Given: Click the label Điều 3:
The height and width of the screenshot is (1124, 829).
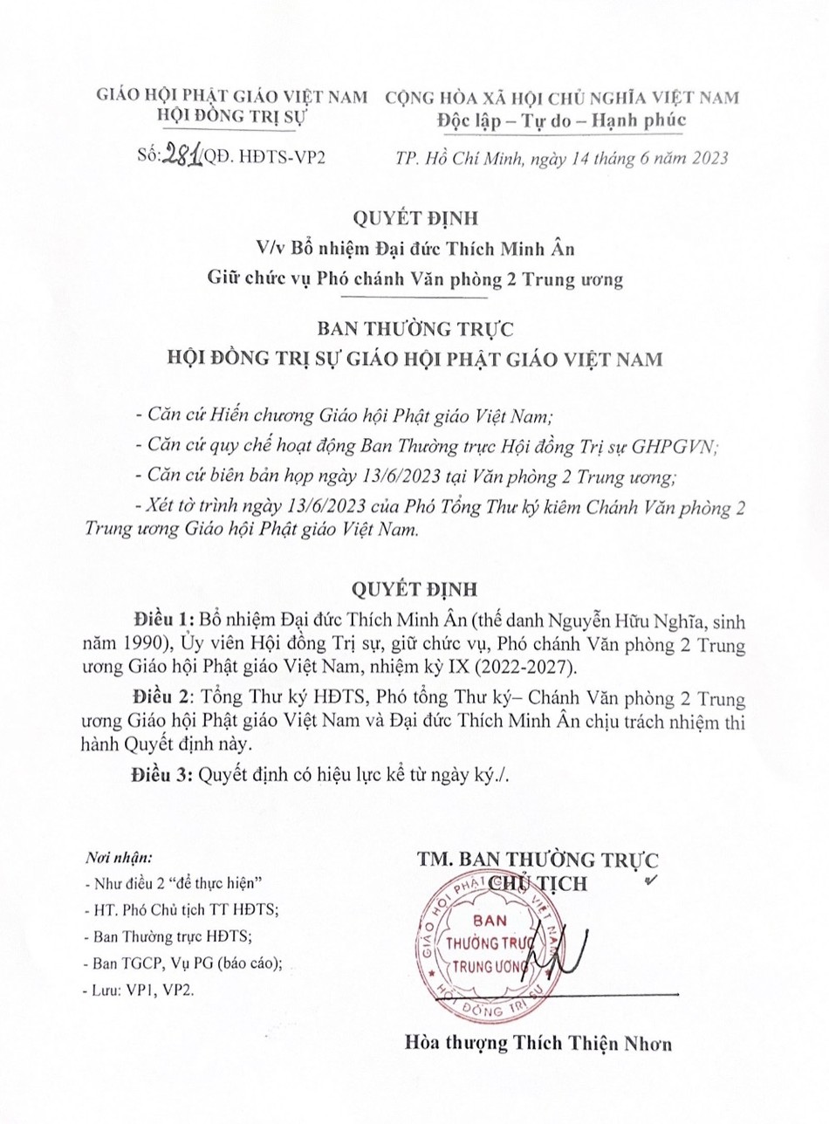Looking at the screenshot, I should pyautogui.click(x=161, y=773).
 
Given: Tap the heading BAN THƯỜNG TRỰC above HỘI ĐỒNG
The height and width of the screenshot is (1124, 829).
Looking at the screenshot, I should pyautogui.click(x=414, y=330).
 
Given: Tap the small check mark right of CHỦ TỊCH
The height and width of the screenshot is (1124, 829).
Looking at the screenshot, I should pyautogui.click(x=648, y=881).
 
